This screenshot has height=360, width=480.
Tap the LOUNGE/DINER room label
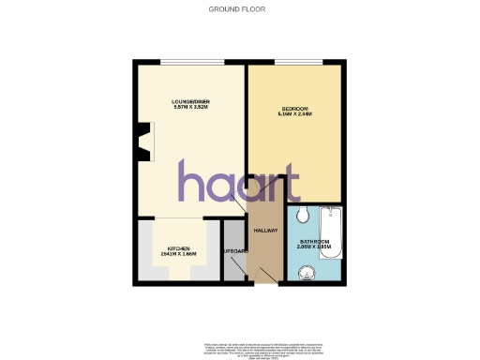pyautogui.click(x=190, y=101)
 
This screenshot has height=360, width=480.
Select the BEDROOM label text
pyautogui.click(x=294, y=109)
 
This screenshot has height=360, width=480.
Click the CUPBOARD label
pyautogui.click(x=233, y=253)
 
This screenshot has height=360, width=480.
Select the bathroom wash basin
pyautogui.click(x=303, y=273)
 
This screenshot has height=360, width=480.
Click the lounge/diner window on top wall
pyautogui.click(x=191, y=63)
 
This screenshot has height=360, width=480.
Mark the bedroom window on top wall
pyautogui.click(x=294, y=63)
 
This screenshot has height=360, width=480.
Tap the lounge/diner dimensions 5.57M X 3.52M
pyautogui.click(x=190, y=108)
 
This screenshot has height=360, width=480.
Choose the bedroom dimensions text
pyautogui.click(x=295, y=114)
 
